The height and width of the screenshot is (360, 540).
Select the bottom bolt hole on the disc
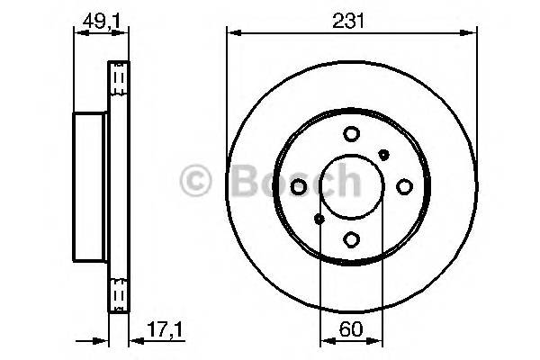[351, 239]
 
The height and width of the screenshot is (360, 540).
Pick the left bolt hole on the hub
[299, 186]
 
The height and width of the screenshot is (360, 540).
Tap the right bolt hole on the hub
[404, 186]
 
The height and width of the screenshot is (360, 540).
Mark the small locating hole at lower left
[319, 219]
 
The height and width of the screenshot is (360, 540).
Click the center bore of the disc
[351, 186]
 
